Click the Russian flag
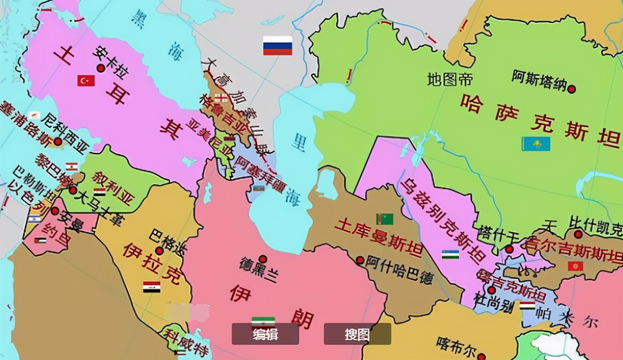tap(277, 45)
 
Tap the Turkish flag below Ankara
tap(86, 80)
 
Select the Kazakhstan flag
tap(536, 144)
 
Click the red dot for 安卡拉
tap(101, 68)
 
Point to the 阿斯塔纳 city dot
tap(572, 89)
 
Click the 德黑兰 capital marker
tap(262, 259)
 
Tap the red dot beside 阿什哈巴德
tap(360, 260)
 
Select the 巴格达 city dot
tap(159, 251)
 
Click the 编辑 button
tap(265, 334)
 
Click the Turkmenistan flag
tap(385, 219)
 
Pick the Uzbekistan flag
tap(450, 254)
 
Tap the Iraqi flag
tap(151, 287)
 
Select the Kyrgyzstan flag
tap(575, 266)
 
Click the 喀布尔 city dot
tap(481, 356)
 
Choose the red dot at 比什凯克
tap(578, 234)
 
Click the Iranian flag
tap(263, 322)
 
